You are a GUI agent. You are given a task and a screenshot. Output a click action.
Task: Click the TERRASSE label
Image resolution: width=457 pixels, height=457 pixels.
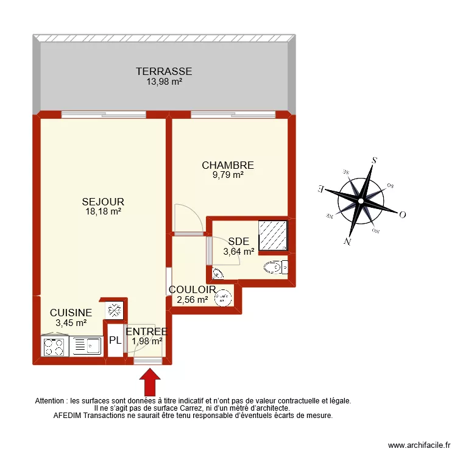click(x=164, y=71)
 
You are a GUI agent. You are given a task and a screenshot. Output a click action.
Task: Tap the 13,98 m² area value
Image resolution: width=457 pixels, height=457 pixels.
click(x=164, y=81)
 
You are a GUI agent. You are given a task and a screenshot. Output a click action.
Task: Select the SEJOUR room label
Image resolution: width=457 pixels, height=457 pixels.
click(x=104, y=202)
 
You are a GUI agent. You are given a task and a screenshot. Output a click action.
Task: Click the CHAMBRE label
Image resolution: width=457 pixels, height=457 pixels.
click(x=227, y=165)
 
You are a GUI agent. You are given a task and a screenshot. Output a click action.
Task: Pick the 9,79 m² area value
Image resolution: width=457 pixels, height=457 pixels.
click(x=227, y=175)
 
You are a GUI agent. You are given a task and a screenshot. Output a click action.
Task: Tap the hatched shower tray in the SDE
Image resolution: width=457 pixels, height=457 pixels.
click(x=273, y=235)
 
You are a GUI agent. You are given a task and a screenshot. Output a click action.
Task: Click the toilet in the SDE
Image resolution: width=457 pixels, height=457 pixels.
click(x=276, y=267)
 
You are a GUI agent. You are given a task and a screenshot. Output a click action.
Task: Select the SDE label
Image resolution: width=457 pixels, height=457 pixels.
click(x=235, y=241)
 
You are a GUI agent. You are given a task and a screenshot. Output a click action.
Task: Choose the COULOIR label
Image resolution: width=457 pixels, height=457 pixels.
click(x=193, y=289)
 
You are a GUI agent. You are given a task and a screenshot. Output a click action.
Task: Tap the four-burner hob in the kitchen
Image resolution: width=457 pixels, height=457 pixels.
click(x=54, y=347)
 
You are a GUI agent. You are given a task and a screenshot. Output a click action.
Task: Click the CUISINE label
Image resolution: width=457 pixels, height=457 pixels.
click(x=71, y=313)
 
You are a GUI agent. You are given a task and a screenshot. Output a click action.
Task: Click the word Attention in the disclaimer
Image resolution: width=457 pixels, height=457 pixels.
click(x=51, y=401)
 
